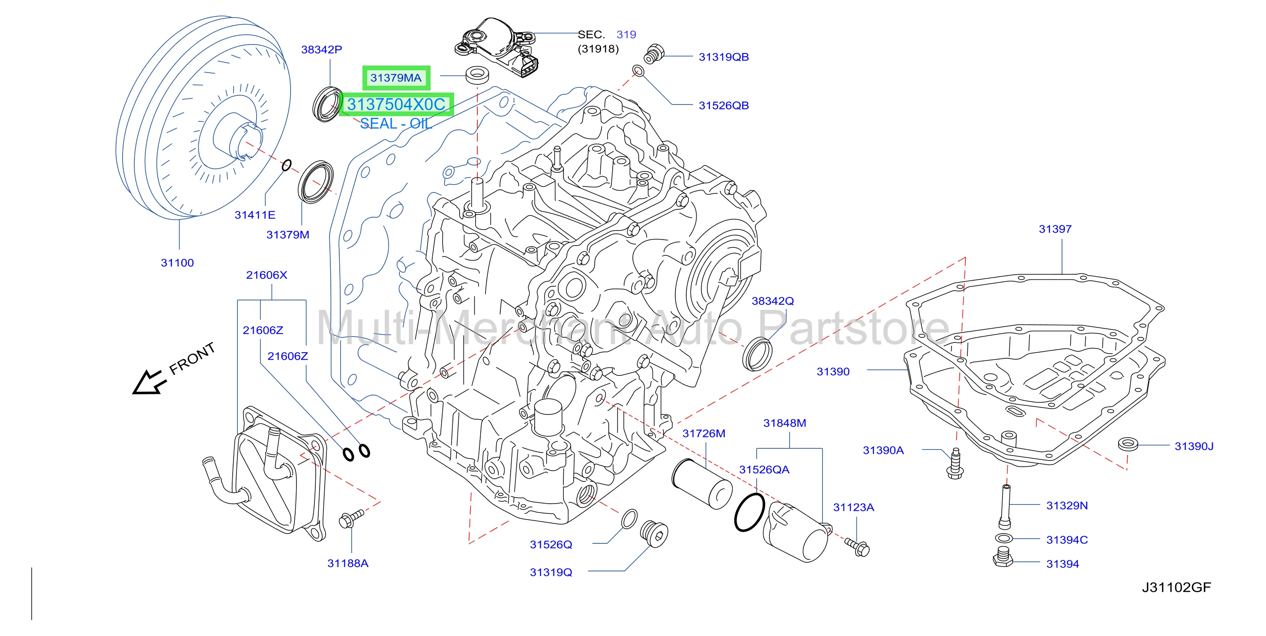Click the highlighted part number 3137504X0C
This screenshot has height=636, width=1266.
point(396,104)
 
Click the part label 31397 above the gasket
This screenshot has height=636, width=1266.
point(1055,229)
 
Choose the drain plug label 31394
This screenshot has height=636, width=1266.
point(1062,564)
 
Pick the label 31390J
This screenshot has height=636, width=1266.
point(1194,446)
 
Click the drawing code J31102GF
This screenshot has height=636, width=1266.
point(1176,587)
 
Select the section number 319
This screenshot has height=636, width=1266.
point(626,34)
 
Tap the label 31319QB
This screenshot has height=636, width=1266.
point(724,57)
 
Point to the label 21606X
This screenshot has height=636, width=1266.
point(266,275)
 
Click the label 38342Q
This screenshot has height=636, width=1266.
point(772,301)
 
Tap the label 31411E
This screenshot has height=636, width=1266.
point(254,215)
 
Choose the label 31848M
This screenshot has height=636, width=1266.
point(784,423)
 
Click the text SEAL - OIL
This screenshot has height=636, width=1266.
point(396,123)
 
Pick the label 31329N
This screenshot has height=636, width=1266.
point(1067,505)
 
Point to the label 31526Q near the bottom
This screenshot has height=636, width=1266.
point(551,544)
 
